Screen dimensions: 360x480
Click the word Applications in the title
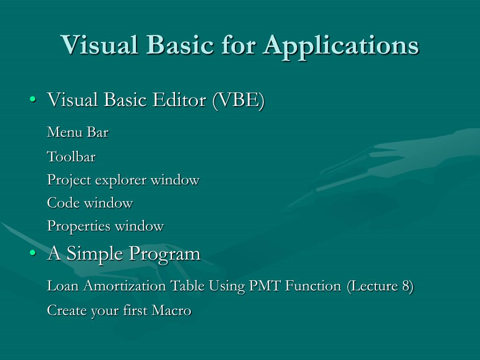[x=341, y=46]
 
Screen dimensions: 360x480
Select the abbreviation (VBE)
[x=239, y=100]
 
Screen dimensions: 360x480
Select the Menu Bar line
[x=78, y=133]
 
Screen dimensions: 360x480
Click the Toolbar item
[x=71, y=157]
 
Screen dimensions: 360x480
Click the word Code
[x=64, y=203]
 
